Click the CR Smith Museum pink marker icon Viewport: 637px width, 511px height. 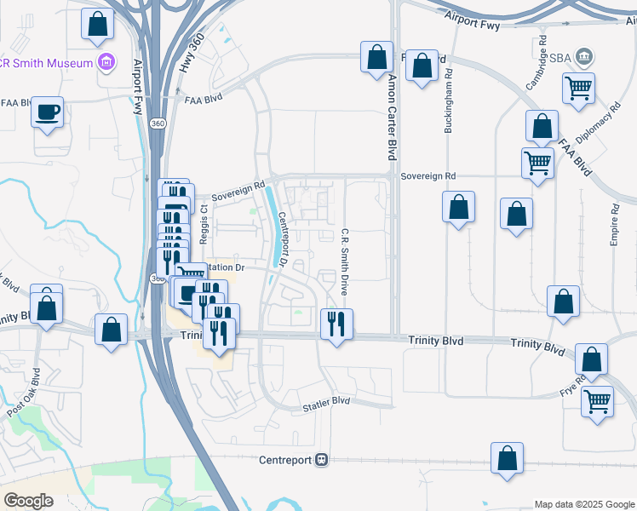[106, 62]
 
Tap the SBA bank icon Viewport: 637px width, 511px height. [583, 57]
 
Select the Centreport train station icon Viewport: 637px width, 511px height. [321, 459]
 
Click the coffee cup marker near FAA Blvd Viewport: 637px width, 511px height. [47, 112]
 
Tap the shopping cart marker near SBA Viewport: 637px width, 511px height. [578, 87]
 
